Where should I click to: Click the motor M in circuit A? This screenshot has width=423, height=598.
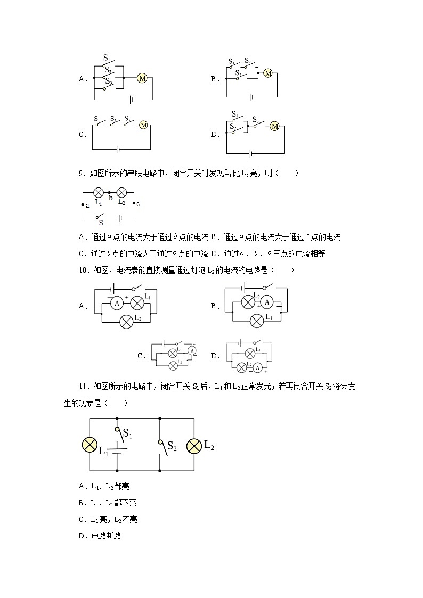pyautogui.click(x=142, y=78)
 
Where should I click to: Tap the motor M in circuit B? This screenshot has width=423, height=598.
pyautogui.click(x=268, y=73)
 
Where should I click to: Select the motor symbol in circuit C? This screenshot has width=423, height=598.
pyautogui.click(x=143, y=125)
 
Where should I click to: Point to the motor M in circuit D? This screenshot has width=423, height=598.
pyautogui.click(x=274, y=126)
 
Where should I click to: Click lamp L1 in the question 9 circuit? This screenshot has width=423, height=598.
pyautogui.click(x=99, y=193)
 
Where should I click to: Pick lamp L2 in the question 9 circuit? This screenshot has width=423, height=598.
pyautogui.click(x=121, y=193)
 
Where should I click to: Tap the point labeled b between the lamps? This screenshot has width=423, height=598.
pyautogui.click(x=110, y=198)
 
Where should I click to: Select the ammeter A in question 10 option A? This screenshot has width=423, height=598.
pyautogui.click(x=117, y=303)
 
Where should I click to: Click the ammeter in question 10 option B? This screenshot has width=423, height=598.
pyautogui.click(x=268, y=302)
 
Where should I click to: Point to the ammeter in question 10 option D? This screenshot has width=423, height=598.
pyautogui.click(x=257, y=367)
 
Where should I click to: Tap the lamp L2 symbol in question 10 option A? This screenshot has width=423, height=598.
pyautogui.click(x=126, y=321)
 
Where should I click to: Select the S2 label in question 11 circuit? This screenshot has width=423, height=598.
pyautogui.click(x=172, y=446)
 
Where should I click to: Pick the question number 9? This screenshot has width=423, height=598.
pyautogui.click(x=80, y=173)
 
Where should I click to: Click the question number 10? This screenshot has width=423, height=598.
pyautogui.click(x=83, y=271)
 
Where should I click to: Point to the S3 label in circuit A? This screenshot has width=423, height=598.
pyautogui.click(x=108, y=81)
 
